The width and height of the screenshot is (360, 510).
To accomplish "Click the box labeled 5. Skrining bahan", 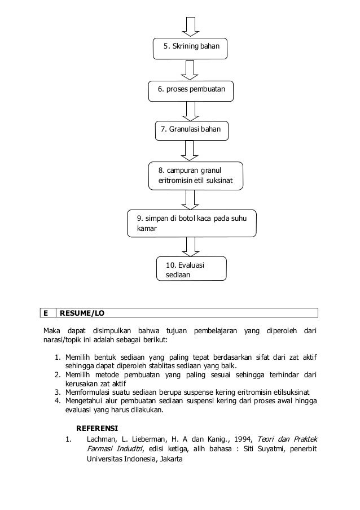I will (x=190, y=48).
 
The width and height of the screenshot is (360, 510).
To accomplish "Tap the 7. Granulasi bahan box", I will (x=192, y=130).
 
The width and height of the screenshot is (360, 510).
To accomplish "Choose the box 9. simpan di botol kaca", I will (x=192, y=224).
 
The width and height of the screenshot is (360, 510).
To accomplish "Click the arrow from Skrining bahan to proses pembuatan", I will (x=190, y=69).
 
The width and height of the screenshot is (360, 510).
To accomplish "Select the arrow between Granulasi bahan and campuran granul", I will (x=190, y=151).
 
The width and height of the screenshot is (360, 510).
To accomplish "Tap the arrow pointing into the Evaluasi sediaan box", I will (x=190, y=246).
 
